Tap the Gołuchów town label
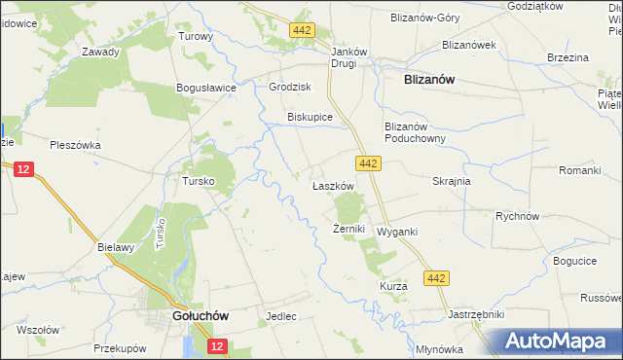200,316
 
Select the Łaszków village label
332,185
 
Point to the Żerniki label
348,230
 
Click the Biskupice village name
311,117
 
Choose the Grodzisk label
289,87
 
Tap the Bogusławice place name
206,88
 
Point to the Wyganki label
397,232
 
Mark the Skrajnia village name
452,181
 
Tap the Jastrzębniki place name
475,315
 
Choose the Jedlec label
280,317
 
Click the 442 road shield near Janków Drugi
302,31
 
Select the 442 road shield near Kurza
437,279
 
